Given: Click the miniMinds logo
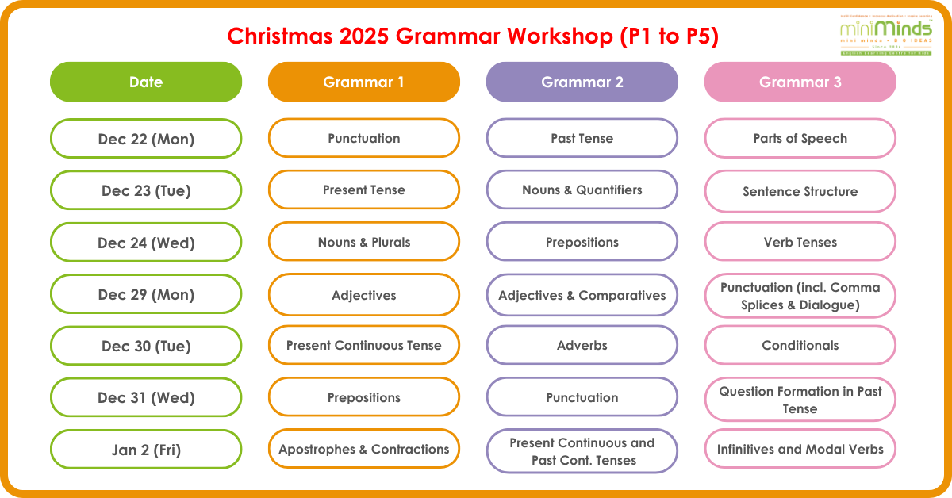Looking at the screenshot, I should click(886, 34).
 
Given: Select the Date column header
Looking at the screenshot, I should click(146, 82).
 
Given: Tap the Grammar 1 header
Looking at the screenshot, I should click(364, 82).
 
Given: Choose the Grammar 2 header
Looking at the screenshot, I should click(582, 82).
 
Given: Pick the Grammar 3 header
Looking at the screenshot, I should click(800, 82).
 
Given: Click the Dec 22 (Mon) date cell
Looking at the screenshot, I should click(146, 139).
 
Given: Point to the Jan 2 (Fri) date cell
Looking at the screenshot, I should click(146, 450).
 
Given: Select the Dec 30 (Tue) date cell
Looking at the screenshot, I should click(146, 346).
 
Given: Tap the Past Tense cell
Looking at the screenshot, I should click(582, 139).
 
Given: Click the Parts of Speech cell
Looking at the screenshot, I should click(800, 139).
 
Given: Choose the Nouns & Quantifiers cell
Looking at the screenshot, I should click(582, 190).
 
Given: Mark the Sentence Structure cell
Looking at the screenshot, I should click(800, 191).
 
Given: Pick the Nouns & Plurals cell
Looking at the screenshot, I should click(364, 242).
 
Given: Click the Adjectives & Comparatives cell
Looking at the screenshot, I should click(582, 295).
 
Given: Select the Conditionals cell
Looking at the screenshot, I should click(800, 346).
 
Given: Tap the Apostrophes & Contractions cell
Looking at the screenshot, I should click(364, 449).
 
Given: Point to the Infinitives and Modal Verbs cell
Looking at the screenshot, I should click(800, 450).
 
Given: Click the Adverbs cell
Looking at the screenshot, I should click(582, 346).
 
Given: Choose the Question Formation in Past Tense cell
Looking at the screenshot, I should click(800, 400).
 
